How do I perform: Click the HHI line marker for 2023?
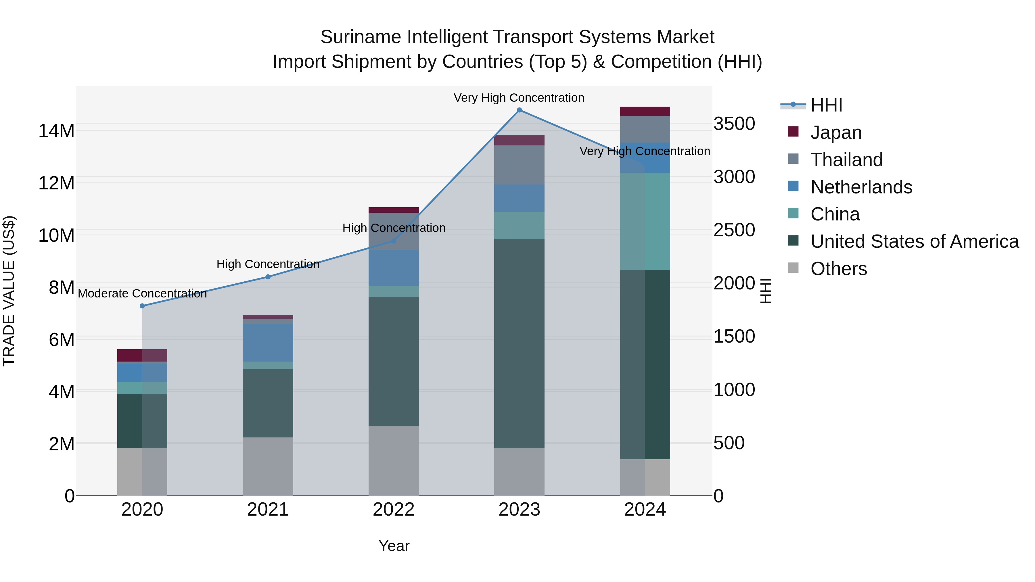[x=519, y=110]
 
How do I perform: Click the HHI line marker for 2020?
[x=142, y=306]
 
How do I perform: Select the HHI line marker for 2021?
[x=268, y=277]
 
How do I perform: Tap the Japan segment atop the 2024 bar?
[x=645, y=111]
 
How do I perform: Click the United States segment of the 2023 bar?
[x=519, y=343]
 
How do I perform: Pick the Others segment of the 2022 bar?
[x=393, y=460]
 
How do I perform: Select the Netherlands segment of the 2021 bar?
[x=268, y=343]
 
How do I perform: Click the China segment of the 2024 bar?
[x=645, y=221]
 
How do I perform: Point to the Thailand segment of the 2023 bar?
[x=519, y=165]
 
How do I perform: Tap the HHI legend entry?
[x=826, y=105]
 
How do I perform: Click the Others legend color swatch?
[x=793, y=268]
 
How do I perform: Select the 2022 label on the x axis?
[x=393, y=510]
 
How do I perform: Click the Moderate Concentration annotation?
[x=142, y=294]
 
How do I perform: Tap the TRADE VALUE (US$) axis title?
[x=9, y=291]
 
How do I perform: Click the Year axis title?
[x=394, y=546]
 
